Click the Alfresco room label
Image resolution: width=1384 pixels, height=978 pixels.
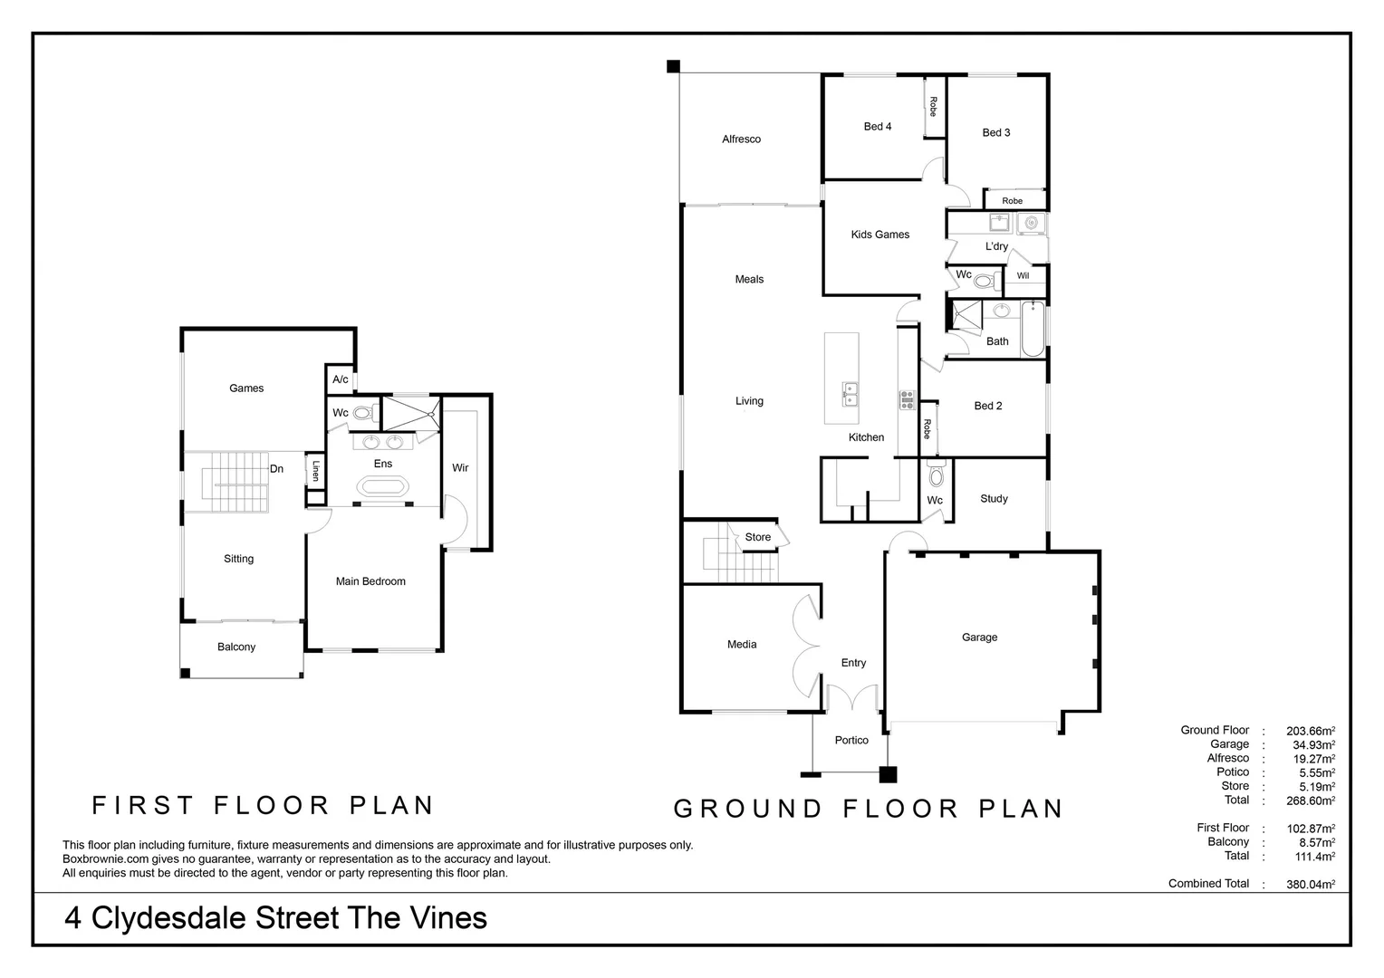click(741, 139)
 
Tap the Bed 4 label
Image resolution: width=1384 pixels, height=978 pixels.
click(877, 127)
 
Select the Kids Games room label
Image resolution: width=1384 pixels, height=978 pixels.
click(879, 235)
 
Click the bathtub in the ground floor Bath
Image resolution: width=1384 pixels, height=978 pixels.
click(1033, 330)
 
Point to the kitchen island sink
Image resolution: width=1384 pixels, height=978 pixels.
click(850, 391)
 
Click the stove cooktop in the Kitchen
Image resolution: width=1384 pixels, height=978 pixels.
click(907, 398)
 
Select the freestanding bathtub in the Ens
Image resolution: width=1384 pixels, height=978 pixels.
click(382, 487)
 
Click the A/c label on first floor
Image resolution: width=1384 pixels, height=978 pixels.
click(340, 379)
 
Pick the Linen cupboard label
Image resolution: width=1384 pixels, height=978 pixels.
click(315, 470)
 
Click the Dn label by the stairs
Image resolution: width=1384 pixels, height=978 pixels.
click(277, 469)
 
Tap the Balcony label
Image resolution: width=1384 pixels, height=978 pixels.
click(236, 647)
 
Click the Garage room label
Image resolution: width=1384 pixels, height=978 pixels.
click(979, 638)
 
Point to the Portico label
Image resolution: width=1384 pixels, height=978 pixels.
click(851, 741)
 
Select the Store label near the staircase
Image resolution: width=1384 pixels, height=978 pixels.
click(758, 538)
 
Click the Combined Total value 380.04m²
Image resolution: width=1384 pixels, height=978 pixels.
click(1310, 885)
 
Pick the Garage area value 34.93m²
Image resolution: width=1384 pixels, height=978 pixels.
click(1313, 745)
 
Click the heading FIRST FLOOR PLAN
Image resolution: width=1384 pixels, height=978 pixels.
click(264, 805)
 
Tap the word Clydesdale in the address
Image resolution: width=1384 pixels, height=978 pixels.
click(169, 918)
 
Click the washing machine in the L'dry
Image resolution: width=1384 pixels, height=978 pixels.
click(1031, 223)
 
